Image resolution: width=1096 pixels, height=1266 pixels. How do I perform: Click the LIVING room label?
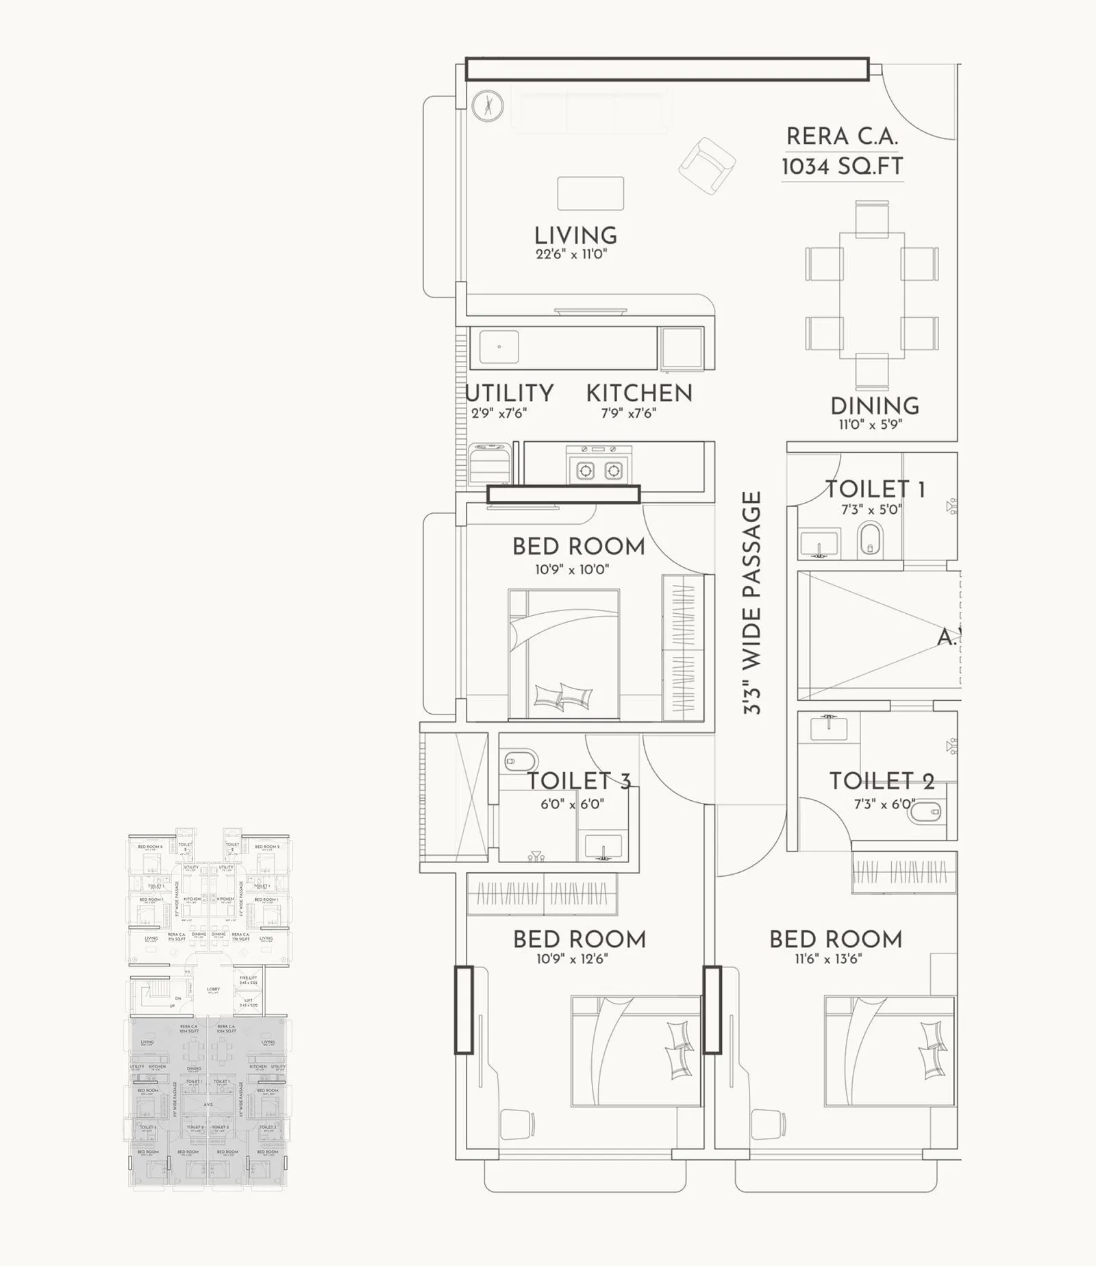click(x=575, y=236)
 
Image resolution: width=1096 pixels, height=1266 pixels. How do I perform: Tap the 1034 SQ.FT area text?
click(x=842, y=166)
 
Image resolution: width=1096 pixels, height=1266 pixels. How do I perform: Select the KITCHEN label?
click(x=639, y=393)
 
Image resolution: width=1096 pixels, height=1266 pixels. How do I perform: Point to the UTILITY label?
click(x=510, y=393)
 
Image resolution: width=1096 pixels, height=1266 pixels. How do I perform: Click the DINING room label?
click(x=874, y=406)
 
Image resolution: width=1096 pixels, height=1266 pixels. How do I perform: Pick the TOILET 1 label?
click(x=875, y=489)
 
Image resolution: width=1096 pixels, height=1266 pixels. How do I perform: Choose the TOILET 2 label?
click(x=882, y=781)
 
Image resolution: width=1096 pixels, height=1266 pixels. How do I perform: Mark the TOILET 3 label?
click(x=579, y=781)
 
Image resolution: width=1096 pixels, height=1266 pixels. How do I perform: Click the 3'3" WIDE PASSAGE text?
click(x=752, y=603)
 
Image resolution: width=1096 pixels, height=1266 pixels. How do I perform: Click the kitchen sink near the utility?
click(x=499, y=347)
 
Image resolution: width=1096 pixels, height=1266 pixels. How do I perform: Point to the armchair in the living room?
click(x=707, y=166)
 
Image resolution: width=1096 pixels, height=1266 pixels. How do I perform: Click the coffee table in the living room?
click(x=590, y=193)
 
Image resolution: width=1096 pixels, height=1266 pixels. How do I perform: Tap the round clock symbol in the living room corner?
click(x=488, y=106)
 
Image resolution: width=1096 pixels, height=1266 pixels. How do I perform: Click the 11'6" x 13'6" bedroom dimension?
click(x=828, y=958)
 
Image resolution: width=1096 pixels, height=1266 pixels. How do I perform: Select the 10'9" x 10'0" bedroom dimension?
click(x=572, y=569)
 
